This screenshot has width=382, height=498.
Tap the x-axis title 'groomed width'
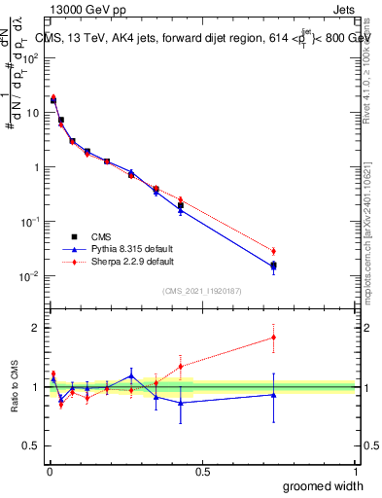318,485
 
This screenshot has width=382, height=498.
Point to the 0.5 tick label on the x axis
202,471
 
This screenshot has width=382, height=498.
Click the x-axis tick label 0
49,471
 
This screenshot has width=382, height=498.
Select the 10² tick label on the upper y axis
30,57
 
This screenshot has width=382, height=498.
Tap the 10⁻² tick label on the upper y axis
30,276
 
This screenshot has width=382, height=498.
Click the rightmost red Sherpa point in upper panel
273,251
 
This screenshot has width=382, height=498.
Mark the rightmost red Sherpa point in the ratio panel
273,338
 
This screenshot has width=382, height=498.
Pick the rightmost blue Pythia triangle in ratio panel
273,394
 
